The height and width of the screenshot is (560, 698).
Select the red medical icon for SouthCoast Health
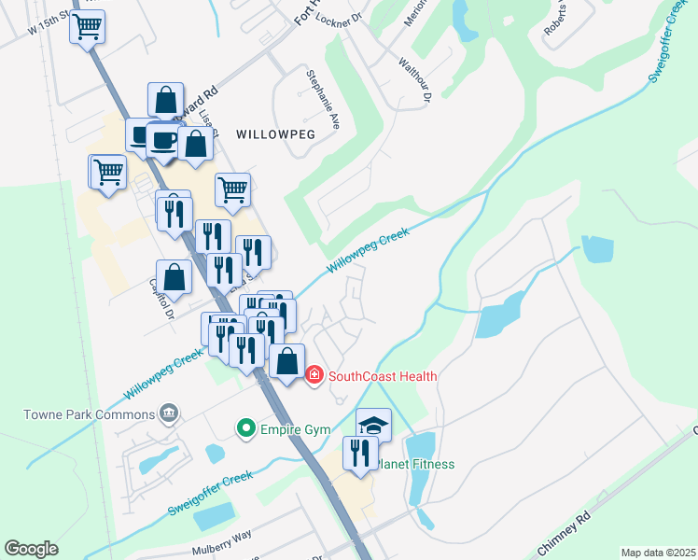point(314,375)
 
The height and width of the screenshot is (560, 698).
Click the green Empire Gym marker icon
point(246,428)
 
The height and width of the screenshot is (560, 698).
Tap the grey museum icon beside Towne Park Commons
point(169,413)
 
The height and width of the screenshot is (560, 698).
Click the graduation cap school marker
point(373,426)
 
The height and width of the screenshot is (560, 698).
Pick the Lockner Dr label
point(338,18)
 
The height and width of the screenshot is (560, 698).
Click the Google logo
point(32,549)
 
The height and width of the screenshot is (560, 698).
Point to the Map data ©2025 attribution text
point(658,553)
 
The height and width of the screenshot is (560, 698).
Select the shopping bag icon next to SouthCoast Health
point(288,361)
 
